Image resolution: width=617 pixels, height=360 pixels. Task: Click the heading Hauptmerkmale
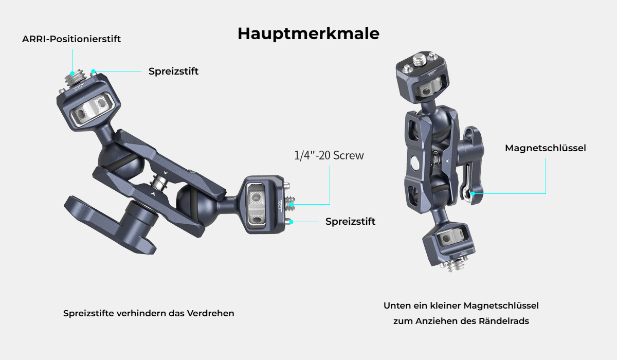308,34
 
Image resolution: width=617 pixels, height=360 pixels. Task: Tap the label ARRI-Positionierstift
71,39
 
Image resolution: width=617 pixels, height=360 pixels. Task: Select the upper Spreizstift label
174,71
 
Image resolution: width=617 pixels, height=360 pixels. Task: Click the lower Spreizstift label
350,222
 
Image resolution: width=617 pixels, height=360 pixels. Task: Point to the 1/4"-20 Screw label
329,155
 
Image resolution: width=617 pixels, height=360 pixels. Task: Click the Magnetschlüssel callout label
546,148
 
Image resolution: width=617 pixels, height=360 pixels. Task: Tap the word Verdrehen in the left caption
210,313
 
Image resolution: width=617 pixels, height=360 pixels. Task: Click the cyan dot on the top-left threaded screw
72,73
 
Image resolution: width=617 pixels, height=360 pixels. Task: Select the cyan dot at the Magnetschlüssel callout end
473,194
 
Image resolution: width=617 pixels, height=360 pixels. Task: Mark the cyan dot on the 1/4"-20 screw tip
291,204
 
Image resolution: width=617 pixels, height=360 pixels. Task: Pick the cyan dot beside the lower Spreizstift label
291,222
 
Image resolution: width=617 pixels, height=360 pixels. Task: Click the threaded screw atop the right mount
419,60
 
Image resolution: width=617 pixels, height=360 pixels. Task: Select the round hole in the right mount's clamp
414,163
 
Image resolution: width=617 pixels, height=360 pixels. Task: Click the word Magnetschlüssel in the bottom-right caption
501,305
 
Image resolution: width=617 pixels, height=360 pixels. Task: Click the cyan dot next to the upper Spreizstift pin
94,71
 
